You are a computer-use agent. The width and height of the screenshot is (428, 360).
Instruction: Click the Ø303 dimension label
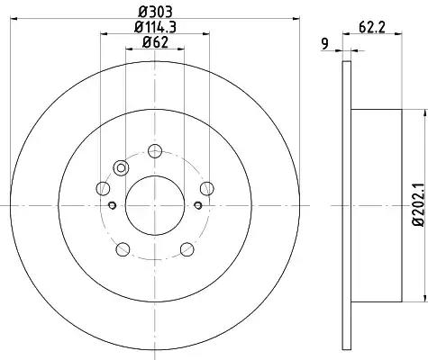[155, 12]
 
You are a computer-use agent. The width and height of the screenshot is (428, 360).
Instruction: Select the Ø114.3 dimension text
[155, 27]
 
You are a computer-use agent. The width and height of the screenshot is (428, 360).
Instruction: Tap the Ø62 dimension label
[155, 42]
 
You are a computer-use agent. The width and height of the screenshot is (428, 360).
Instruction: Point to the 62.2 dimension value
[372, 28]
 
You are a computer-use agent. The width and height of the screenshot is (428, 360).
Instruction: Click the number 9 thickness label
[324, 44]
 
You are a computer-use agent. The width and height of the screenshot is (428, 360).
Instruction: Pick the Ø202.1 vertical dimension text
[418, 205]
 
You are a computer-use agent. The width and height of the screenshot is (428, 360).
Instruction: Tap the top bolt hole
[155, 151]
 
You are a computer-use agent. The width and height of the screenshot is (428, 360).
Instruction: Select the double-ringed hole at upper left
[121, 168]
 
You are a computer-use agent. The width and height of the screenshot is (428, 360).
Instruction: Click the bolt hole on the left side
[103, 189]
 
